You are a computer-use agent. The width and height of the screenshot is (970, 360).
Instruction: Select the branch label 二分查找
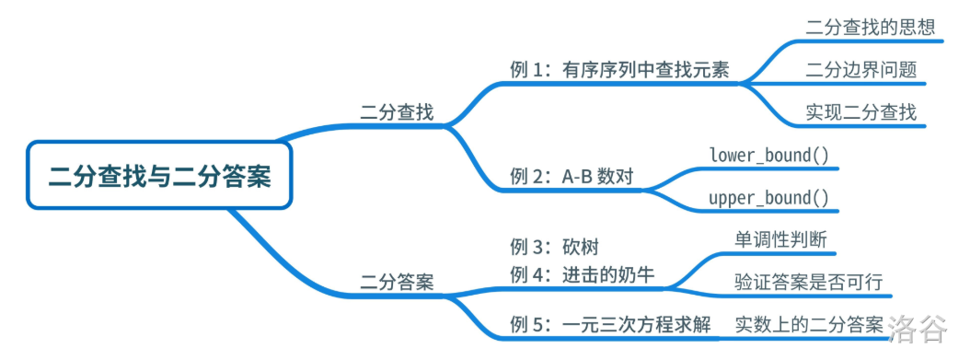point(397,113)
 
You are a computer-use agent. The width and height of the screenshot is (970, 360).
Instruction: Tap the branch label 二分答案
point(397,282)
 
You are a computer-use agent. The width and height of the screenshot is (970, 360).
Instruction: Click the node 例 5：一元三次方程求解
point(610,325)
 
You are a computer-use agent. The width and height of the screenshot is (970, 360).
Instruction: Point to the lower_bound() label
point(769,155)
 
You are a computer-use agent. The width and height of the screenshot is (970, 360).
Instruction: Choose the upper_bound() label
point(769,198)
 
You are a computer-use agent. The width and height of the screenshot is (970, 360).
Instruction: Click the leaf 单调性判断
point(781,238)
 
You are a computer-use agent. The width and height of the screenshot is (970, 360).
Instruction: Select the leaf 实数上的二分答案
point(810,325)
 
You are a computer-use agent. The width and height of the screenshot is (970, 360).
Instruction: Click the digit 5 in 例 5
point(543,325)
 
